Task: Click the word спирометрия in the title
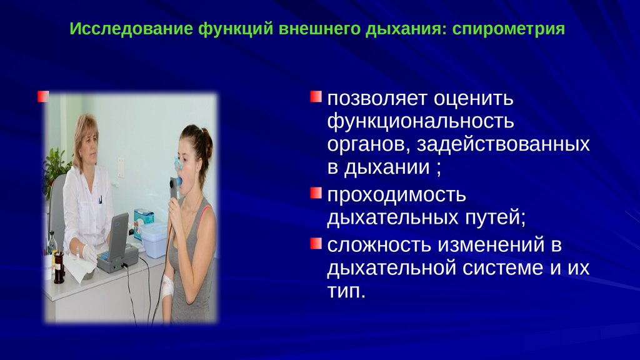pos(509,29)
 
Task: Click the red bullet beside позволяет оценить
pos(316,97)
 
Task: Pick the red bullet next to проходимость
pos(316,193)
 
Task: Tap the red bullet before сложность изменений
pos(316,243)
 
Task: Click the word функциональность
pos(421,122)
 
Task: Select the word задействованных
pos(503,144)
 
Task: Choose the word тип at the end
pos(346,291)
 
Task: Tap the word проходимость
pos(396,195)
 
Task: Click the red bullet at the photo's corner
pos(43,96)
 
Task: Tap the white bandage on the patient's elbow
pos(167,285)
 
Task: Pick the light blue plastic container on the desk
pos(154,241)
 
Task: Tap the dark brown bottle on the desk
pos(59,267)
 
